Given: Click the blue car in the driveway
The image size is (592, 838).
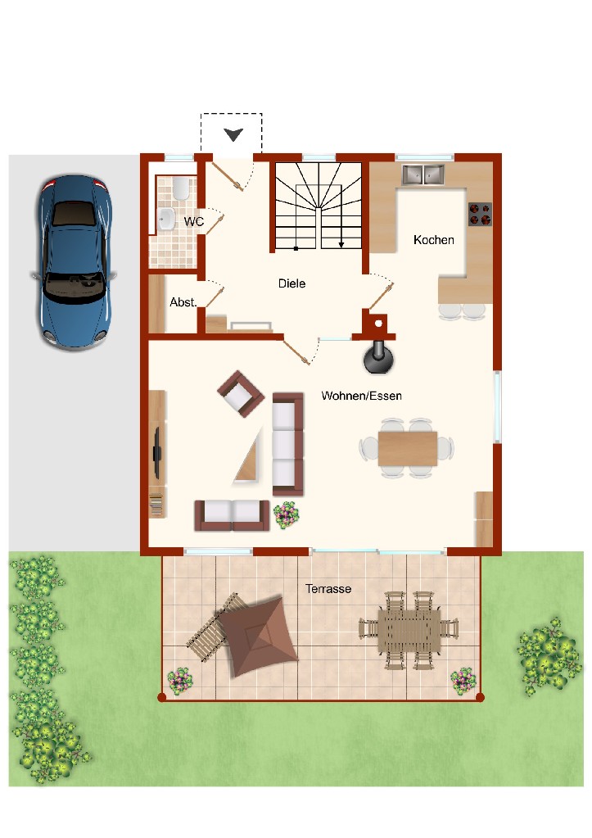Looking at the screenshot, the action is pyautogui.click(x=74, y=262).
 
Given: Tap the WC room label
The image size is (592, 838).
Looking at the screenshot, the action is pyautogui.click(x=194, y=221).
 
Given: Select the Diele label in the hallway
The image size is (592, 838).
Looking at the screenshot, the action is pyautogui.click(x=291, y=283).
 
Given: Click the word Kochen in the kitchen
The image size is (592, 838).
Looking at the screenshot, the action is pyautogui.click(x=434, y=240).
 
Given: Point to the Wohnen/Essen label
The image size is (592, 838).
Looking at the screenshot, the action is pyautogui.click(x=362, y=396).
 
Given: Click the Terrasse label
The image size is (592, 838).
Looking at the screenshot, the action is pyautogui.click(x=328, y=589).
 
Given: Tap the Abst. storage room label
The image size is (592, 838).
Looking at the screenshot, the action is pyautogui.click(x=183, y=302).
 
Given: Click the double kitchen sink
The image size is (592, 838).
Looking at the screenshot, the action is pyautogui.click(x=423, y=174).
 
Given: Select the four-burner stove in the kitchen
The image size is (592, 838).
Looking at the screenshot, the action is pyautogui.click(x=480, y=214).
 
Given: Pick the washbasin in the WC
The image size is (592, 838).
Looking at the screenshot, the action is pyautogui.click(x=167, y=219).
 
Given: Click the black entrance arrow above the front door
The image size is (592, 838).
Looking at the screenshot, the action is pyautogui.click(x=233, y=134).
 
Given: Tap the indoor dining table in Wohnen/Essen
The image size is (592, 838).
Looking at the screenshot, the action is pyautogui.click(x=408, y=449).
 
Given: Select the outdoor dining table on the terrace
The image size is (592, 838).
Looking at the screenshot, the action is pyautogui.click(x=409, y=632).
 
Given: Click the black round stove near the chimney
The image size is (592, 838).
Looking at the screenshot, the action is pyautogui.click(x=379, y=357).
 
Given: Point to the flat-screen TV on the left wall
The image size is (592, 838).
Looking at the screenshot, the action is pyautogui.click(x=157, y=453).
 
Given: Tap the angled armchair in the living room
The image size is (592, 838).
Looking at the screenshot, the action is pyautogui.click(x=241, y=393).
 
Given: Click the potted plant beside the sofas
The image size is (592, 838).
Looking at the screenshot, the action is pyautogui.click(x=287, y=514).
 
